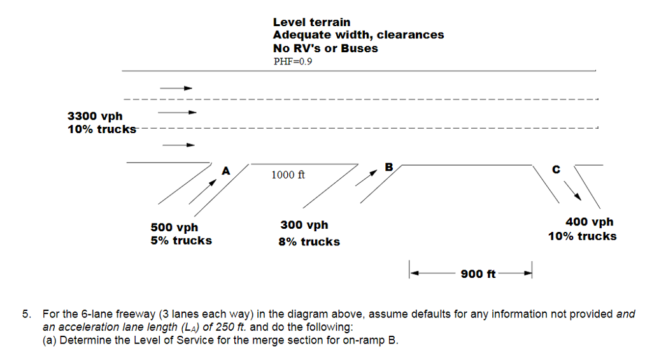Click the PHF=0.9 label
pyautogui.click(x=292, y=62)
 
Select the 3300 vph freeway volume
pyautogui.click(x=95, y=116)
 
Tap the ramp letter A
pyautogui.click(x=225, y=171)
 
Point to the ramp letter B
pyautogui.click(x=390, y=168)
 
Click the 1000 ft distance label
pyautogui.click(x=288, y=175)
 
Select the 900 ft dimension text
pyautogui.click(x=478, y=274)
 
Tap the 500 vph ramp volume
pyautogui.click(x=174, y=227)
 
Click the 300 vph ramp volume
pyautogui.click(x=304, y=225)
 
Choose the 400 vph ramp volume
pyautogui.click(x=590, y=222)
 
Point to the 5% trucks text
pyautogui.click(x=181, y=241)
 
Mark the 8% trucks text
pyautogui.click(x=309, y=242)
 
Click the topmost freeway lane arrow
pyautogui.click(x=176, y=89)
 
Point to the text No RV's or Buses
pyautogui.click(x=325, y=48)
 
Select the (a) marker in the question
pyautogui.click(x=50, y=340)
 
